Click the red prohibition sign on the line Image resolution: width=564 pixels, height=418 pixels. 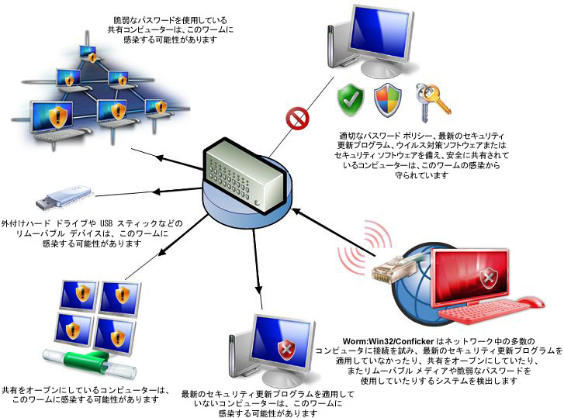click(x=297, y=119)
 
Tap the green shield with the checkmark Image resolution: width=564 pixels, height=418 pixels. click(x=350, y=99)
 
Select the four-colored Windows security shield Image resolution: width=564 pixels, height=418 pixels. click(x=387, y=100)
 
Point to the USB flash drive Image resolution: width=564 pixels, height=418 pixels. click(x=64, y=197)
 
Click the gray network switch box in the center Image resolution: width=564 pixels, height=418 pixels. click(x=248, y=177)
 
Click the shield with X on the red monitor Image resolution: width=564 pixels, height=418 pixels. click(x=489, y=278)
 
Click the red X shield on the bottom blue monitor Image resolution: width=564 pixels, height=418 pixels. click(x=286, y=349)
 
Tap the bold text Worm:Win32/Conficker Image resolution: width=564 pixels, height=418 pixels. click(x=388, y=341)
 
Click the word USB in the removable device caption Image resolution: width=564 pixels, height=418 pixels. click(x=107, y=223)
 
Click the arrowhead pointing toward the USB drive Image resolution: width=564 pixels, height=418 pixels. click(x=157, y=192)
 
